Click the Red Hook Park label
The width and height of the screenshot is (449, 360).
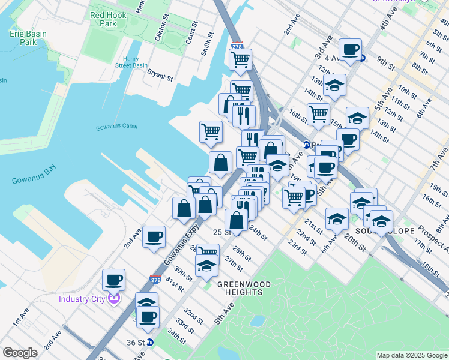[103, 19]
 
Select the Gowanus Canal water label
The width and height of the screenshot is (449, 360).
[116, 127]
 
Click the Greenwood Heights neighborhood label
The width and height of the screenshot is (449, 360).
[240, 288]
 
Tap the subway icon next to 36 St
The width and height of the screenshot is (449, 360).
[150, 343]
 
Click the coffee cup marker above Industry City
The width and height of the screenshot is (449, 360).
[113, 279]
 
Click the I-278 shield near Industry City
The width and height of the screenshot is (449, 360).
[155, 279]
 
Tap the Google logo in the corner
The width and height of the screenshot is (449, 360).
[20, 353]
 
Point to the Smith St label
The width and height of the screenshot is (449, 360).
[208, 44]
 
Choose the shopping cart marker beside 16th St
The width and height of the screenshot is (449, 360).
[318, 113]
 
